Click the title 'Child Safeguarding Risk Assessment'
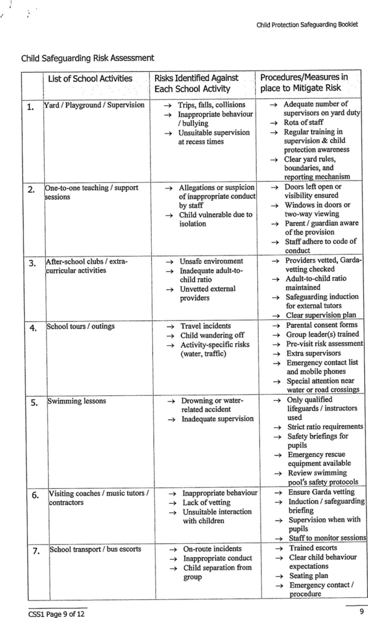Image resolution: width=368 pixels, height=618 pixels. pyautogui.click(x=88, y=58)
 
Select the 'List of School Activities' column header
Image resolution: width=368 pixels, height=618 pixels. pyautogui.click(x=90, y=78)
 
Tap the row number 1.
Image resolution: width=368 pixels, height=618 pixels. pyautogui.click(x=31, y=108)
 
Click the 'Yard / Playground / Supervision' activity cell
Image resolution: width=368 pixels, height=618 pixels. pyautogui.click(x=95, y=105)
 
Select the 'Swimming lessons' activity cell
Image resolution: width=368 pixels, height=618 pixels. pyautogui.click(x=77, y=401)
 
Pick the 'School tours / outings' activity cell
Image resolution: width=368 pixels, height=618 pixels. pyautogui.click(x=81, y=327)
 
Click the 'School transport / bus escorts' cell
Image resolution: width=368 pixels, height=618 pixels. pyautogui.click(x=95, y=549)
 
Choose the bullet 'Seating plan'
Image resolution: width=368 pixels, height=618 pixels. pyautogui.click(x=309, y=576)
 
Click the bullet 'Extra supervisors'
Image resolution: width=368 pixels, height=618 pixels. pyautogui.click(x=314, y=353)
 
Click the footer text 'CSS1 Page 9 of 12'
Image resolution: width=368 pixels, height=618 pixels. pyautogui.click(x=56, y=613)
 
